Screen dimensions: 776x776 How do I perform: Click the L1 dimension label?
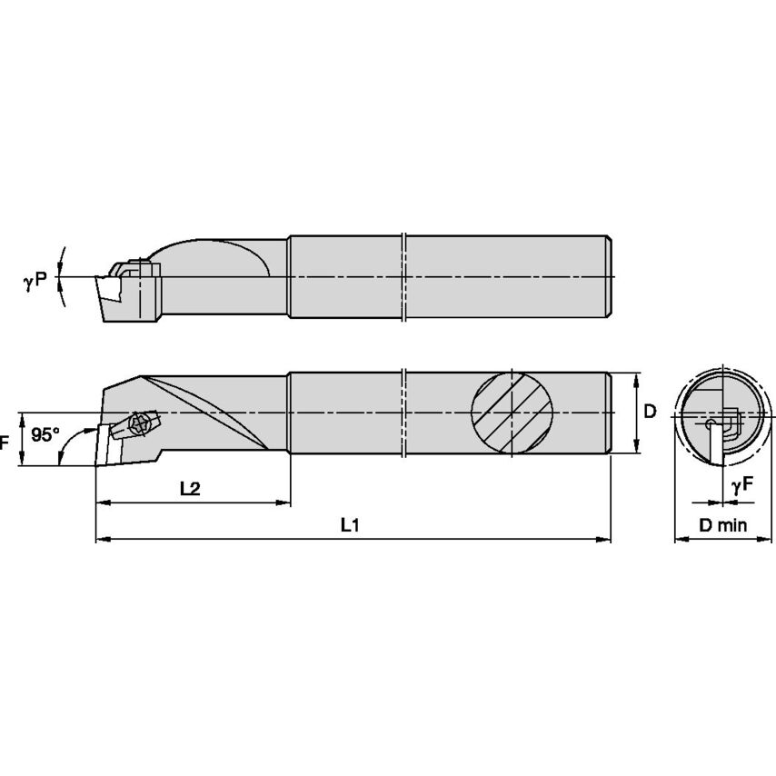[349, 524]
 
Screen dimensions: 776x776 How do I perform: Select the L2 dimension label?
[190, 487]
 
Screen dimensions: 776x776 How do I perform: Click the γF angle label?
[741, 487]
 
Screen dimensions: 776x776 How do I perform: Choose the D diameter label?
[650, 412]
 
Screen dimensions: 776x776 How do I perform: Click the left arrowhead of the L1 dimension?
[101, 540]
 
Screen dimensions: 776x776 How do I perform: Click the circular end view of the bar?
[716, 413]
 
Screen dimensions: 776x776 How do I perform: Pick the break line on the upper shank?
[403, 276]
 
